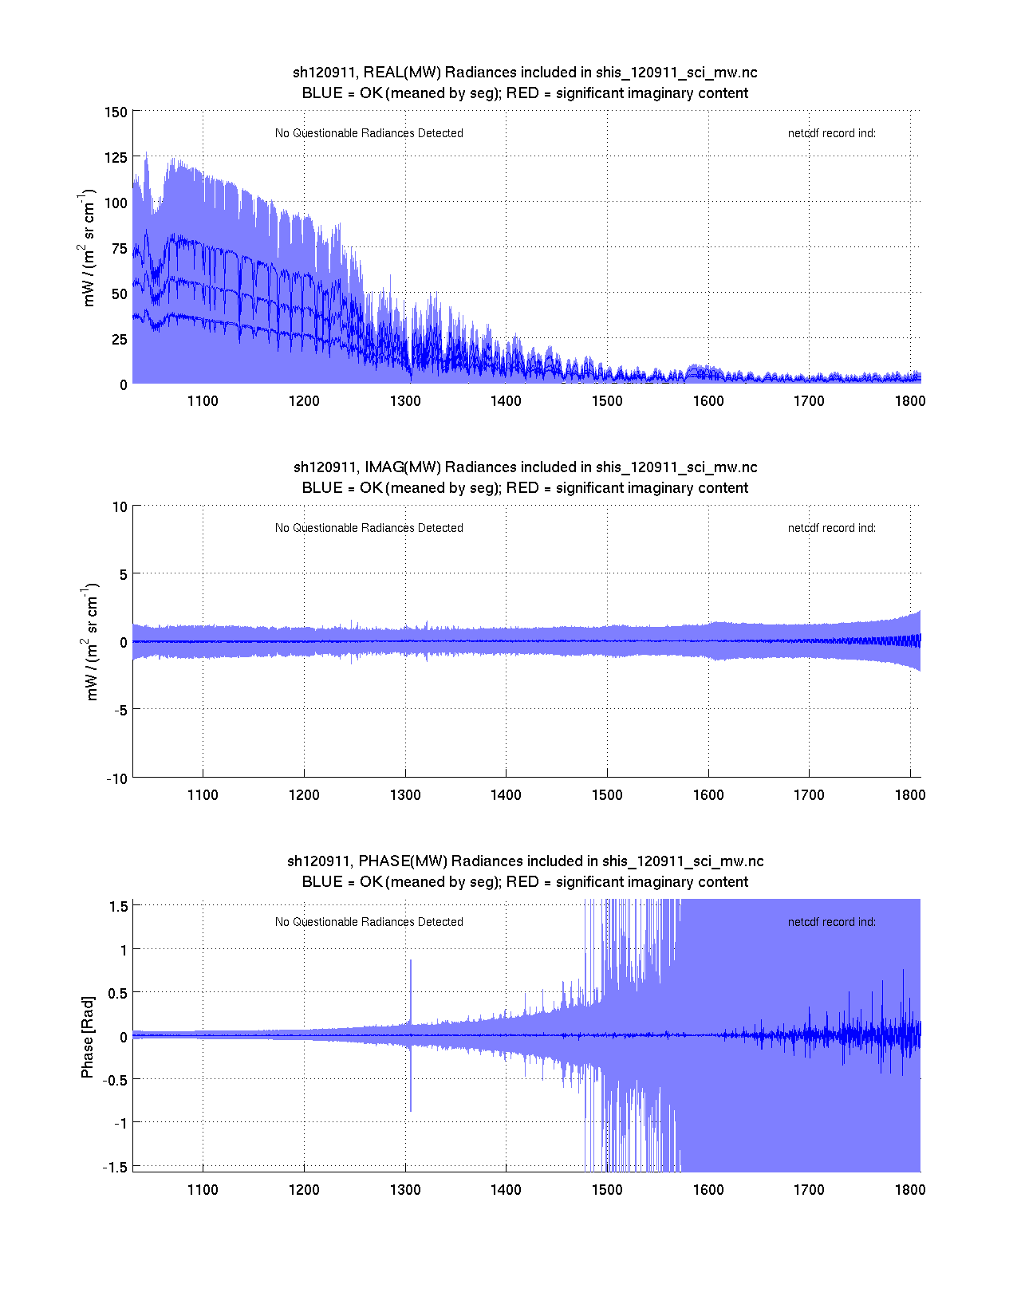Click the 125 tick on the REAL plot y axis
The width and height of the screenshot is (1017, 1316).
pos(116,158)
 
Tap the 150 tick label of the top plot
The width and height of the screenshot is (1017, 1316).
pos(116,112)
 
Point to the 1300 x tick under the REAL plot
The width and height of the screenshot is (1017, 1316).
pos(405,401)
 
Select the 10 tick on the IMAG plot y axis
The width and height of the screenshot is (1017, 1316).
pos(120,507)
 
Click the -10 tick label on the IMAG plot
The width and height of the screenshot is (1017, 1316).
pos(116,779)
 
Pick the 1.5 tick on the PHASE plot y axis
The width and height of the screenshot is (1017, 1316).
pos(119,906)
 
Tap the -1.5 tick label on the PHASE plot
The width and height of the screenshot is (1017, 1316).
pos(116,1167)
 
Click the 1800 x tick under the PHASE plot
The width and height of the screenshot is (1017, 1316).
pos(909,1190)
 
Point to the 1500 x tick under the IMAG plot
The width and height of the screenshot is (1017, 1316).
pos(607,795)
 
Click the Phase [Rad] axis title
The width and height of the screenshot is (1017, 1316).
pos(88,1037)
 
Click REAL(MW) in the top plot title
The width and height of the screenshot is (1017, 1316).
pos(402,73)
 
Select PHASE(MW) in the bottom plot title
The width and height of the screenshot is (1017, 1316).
pos(404,861)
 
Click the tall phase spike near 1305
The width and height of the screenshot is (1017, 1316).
pos(411,989)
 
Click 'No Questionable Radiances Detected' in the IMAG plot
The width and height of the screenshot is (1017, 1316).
pos(369,528)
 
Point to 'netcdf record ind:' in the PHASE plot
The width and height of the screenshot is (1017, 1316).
pos(831,922)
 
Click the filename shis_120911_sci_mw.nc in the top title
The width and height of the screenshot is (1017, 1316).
pos(676,73)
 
